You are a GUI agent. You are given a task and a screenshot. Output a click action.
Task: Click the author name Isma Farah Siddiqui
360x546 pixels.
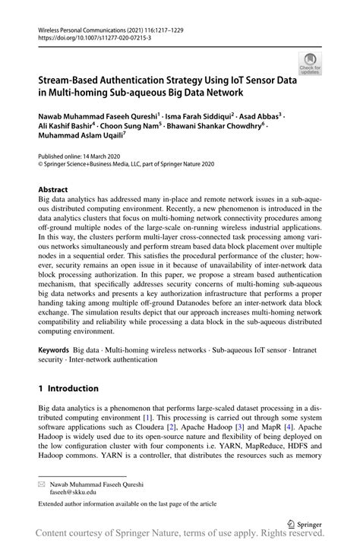tap(194, 116)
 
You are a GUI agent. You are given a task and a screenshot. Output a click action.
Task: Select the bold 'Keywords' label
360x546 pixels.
tap(56, 352)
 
